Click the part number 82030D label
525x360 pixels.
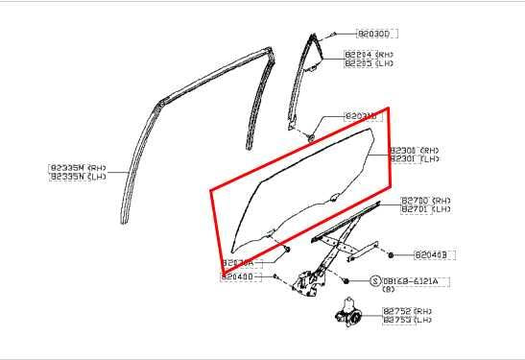(372, 33)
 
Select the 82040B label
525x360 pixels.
(434, 255)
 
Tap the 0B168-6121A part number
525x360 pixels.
(410, 280)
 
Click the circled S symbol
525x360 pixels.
(375, 280)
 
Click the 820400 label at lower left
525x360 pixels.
(236, 277)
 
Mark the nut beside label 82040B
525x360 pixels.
(392, 254)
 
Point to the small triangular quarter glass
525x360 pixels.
(308, 82)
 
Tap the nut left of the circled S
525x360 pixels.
(346, 280)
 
